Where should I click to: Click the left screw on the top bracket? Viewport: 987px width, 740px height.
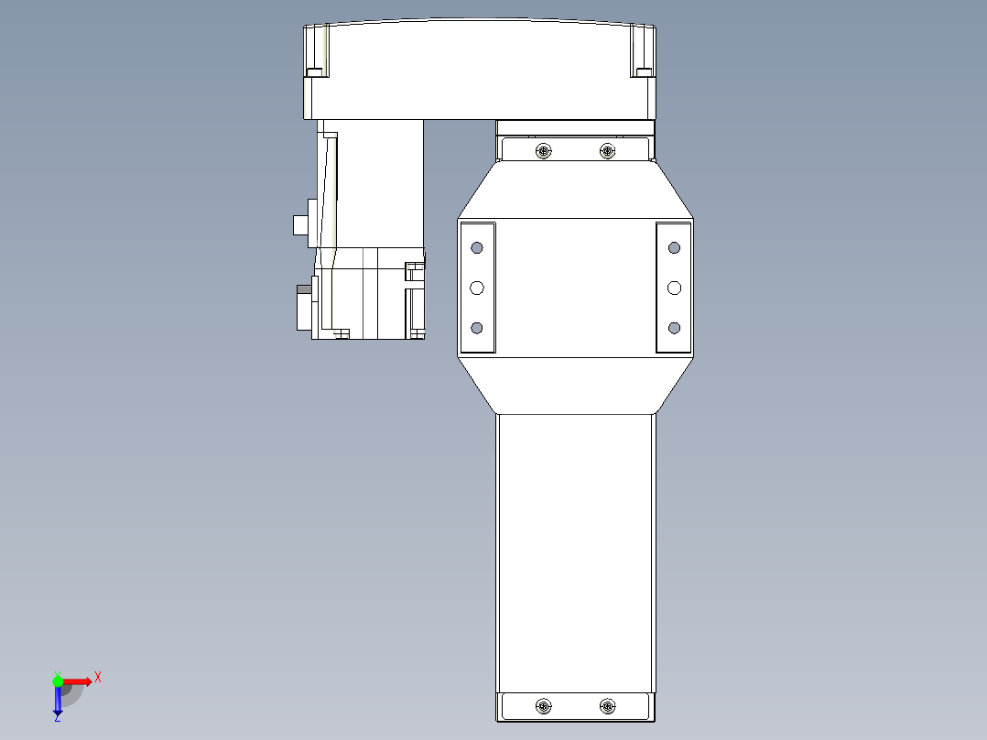pos(544,150)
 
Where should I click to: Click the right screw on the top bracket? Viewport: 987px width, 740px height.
pos(607,150)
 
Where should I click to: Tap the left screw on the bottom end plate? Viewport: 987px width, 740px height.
pos(544,706)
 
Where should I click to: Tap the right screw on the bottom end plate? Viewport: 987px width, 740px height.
pos(607,706)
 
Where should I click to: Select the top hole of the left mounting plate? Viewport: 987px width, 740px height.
pos(476,247)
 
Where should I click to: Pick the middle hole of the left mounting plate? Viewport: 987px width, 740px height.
pos(476,288)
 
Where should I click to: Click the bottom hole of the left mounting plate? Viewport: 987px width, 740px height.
pos(476,328)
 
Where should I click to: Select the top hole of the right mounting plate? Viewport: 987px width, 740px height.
pos(675,247)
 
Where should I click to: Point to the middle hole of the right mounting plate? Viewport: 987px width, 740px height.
pos(675,288)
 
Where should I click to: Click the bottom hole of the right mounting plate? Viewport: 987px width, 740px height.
pos(675,328)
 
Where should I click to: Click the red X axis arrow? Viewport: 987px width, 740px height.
pos(80,681)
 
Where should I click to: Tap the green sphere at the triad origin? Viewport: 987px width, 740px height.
pos(59,680)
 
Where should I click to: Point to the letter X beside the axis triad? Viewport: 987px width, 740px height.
pos(98,678)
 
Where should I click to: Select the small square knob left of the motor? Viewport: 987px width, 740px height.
pos(299,224)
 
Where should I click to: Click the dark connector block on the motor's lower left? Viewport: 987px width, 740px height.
pos(303,307)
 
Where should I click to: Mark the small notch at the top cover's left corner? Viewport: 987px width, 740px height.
pos(314,72)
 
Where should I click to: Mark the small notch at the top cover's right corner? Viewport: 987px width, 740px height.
pos(643,72)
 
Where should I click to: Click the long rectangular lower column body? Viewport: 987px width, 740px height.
pos(576,550)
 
